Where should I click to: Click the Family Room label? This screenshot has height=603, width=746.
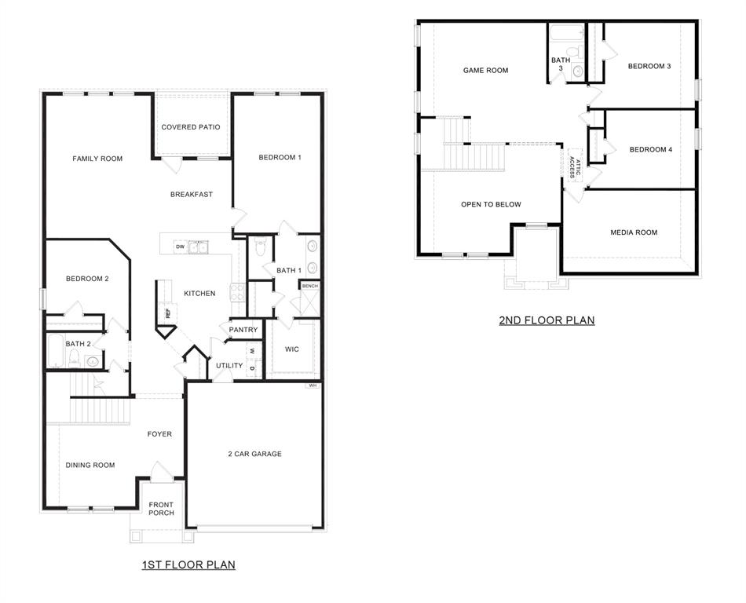click(97, 159)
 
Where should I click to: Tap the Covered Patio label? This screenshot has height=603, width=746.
click(191, 127)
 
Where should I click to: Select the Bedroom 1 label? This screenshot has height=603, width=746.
click(280, 158)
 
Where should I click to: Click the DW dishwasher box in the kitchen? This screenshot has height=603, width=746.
click(180, 247)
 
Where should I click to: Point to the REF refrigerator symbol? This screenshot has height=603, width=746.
click(167, 312)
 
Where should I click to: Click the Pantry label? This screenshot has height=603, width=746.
click(243, 331)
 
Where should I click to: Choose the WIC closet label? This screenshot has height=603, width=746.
click(291, 349)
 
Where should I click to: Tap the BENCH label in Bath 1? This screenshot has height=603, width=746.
click(310, 286)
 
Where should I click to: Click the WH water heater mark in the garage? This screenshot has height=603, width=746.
click(313, 386)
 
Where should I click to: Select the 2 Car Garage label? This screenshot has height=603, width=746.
click(254, 454)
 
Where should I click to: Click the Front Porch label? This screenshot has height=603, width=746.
click(161, 509)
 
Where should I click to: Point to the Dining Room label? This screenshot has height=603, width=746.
click(90, 465)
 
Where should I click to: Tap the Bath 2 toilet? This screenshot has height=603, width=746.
click(74, 360)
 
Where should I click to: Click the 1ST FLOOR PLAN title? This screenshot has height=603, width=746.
click(188, 565)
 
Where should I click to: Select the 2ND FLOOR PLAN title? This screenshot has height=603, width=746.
click(547, 320)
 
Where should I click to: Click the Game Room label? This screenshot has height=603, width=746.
click(485, 71)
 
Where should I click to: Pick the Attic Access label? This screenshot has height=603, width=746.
click(575, 168)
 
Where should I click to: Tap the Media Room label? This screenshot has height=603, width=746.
click(634, 232)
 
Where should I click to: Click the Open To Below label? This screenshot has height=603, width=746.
click(491, 205)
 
